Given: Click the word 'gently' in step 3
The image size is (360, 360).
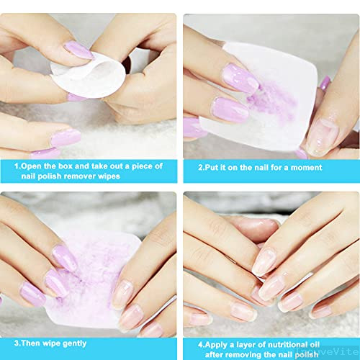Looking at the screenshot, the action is (x=74, y=344).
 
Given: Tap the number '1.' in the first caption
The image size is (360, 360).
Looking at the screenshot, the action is (x=17, y=166).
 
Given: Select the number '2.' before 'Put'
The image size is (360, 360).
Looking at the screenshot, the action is (x=201, y=167).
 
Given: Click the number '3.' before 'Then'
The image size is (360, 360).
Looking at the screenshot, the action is (x=17, y=343).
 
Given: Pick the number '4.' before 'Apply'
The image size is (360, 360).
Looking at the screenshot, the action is (x=202, y=345).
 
